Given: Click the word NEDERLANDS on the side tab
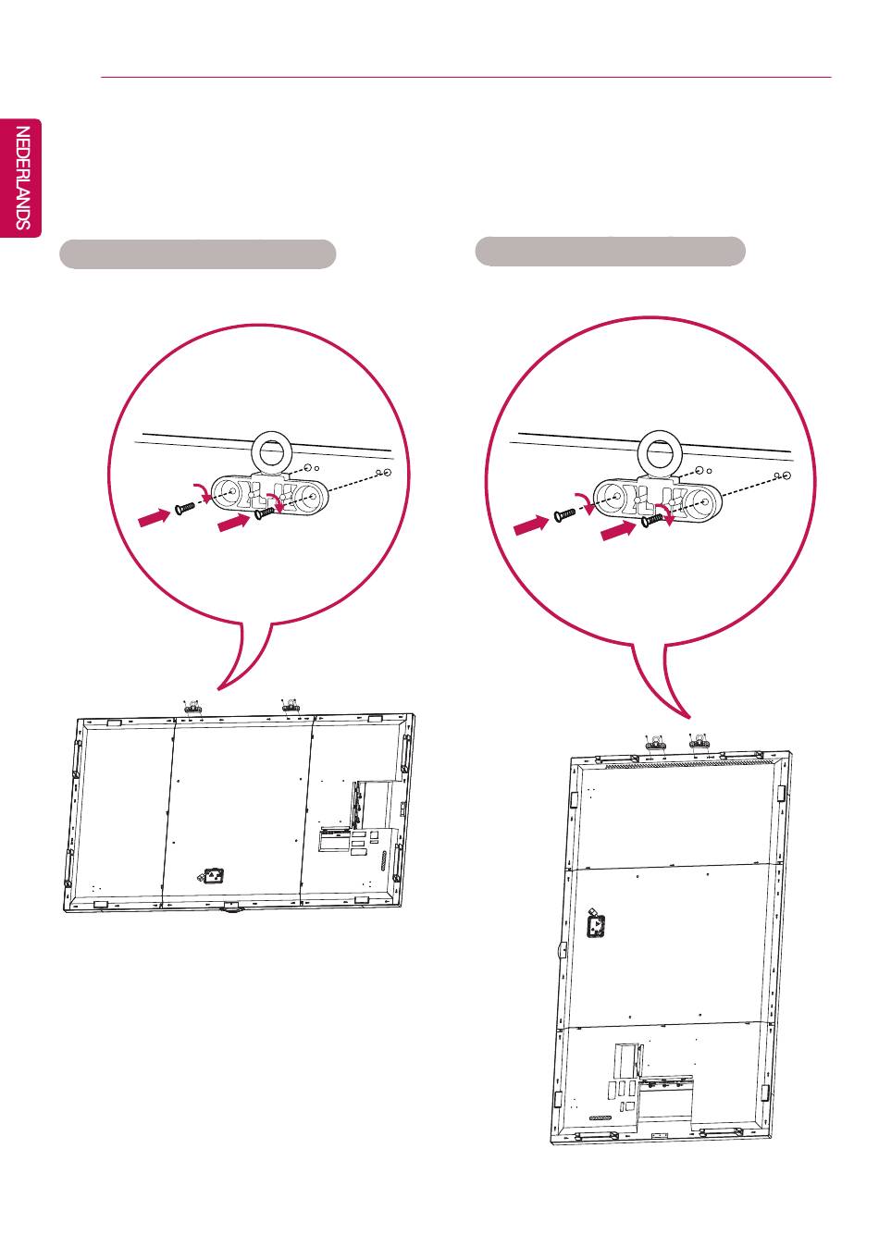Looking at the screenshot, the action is [22, 179].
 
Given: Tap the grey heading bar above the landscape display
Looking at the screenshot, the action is [198, 254].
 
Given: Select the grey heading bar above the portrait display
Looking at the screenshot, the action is [610, 251].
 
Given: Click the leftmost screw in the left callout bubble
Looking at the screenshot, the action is [185, 508].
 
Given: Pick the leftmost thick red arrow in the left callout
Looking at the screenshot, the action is [154, 517].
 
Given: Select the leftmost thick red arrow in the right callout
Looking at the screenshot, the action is [530, 525].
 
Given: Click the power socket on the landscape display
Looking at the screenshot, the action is [212, 877].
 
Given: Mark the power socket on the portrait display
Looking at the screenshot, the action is [596, 924].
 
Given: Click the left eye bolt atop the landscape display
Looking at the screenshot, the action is [192, 707].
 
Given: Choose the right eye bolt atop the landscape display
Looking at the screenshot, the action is [290, 705].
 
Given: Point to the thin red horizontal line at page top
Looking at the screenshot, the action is [466, 78].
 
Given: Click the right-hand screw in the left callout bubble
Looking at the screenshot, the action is [265, 512].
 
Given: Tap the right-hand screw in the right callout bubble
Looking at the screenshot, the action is [652, 519].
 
